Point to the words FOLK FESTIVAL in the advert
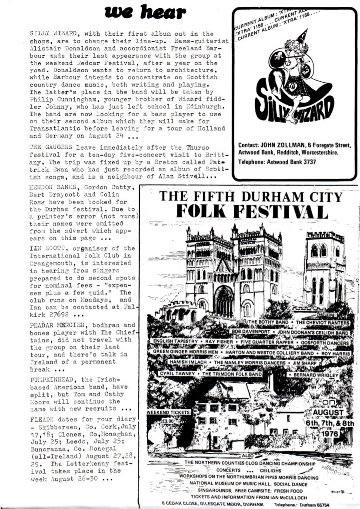pyautogui.click(x=252, y=211)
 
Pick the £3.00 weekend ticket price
pyautogui.click(x=156, y=421)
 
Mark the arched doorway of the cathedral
pyautogui.click(x=223, y=301)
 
